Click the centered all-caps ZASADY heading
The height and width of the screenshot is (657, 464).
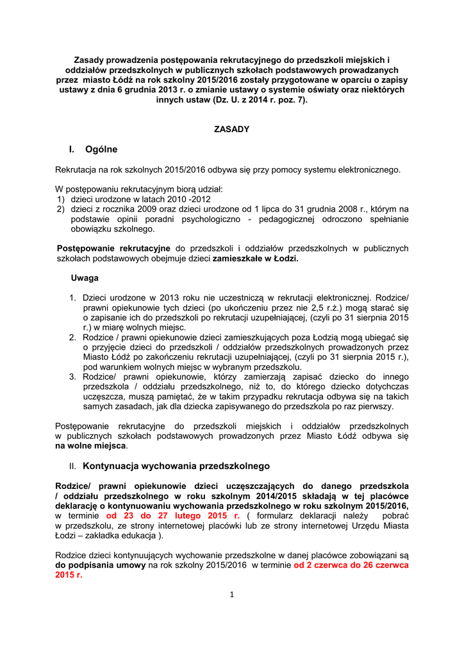coord(231,129)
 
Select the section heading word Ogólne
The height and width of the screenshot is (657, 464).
coord(101,149)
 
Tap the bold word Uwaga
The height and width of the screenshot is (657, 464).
coord(85,278)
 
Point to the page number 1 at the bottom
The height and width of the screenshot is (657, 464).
coord(232,594)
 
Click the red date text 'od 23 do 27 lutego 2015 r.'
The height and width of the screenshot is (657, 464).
coord(172,516)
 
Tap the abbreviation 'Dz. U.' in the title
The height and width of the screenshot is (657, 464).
coord(225,101)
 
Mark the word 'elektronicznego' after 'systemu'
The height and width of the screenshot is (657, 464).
coord(367,170)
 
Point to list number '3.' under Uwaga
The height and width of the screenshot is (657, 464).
coord(73,377)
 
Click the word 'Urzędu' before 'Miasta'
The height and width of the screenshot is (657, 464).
coord(365,526)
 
